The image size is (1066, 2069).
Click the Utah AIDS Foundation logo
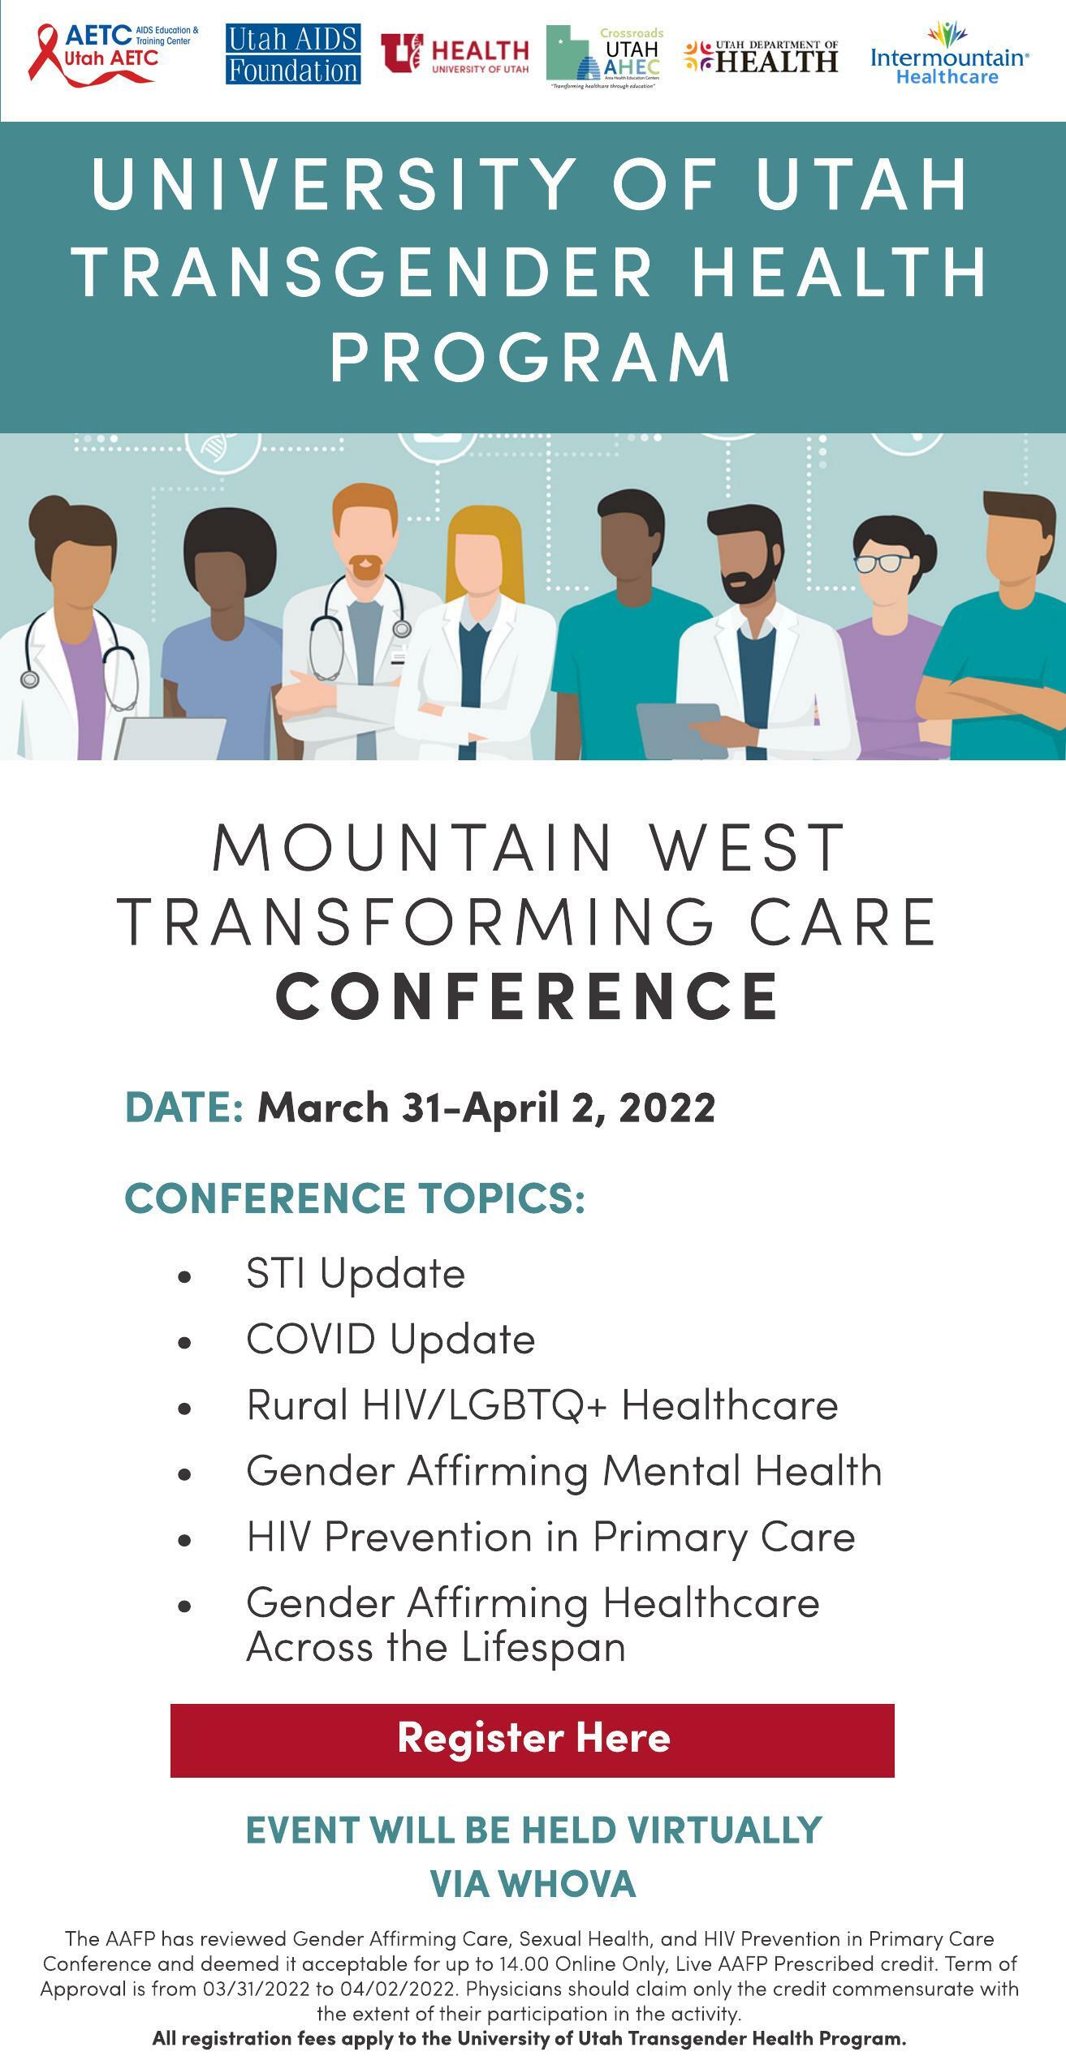point(293,54)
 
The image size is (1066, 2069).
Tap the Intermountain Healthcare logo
point(949,54)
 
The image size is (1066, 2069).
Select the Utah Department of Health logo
point(761,57)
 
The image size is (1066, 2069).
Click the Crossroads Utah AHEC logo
point(605,57)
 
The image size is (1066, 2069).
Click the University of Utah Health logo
point(455,54)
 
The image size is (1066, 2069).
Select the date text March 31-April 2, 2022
point(486,1108)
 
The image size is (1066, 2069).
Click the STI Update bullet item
point(356,1273)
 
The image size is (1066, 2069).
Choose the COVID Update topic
point(391,1340)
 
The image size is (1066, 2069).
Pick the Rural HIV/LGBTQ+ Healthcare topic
point(542,1405)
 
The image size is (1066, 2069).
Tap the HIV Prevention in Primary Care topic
point(550,1538)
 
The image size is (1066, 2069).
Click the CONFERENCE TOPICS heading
point(355,1198)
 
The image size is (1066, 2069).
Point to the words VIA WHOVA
point(533,1884)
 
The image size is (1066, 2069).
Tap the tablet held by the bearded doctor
point(681,729)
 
